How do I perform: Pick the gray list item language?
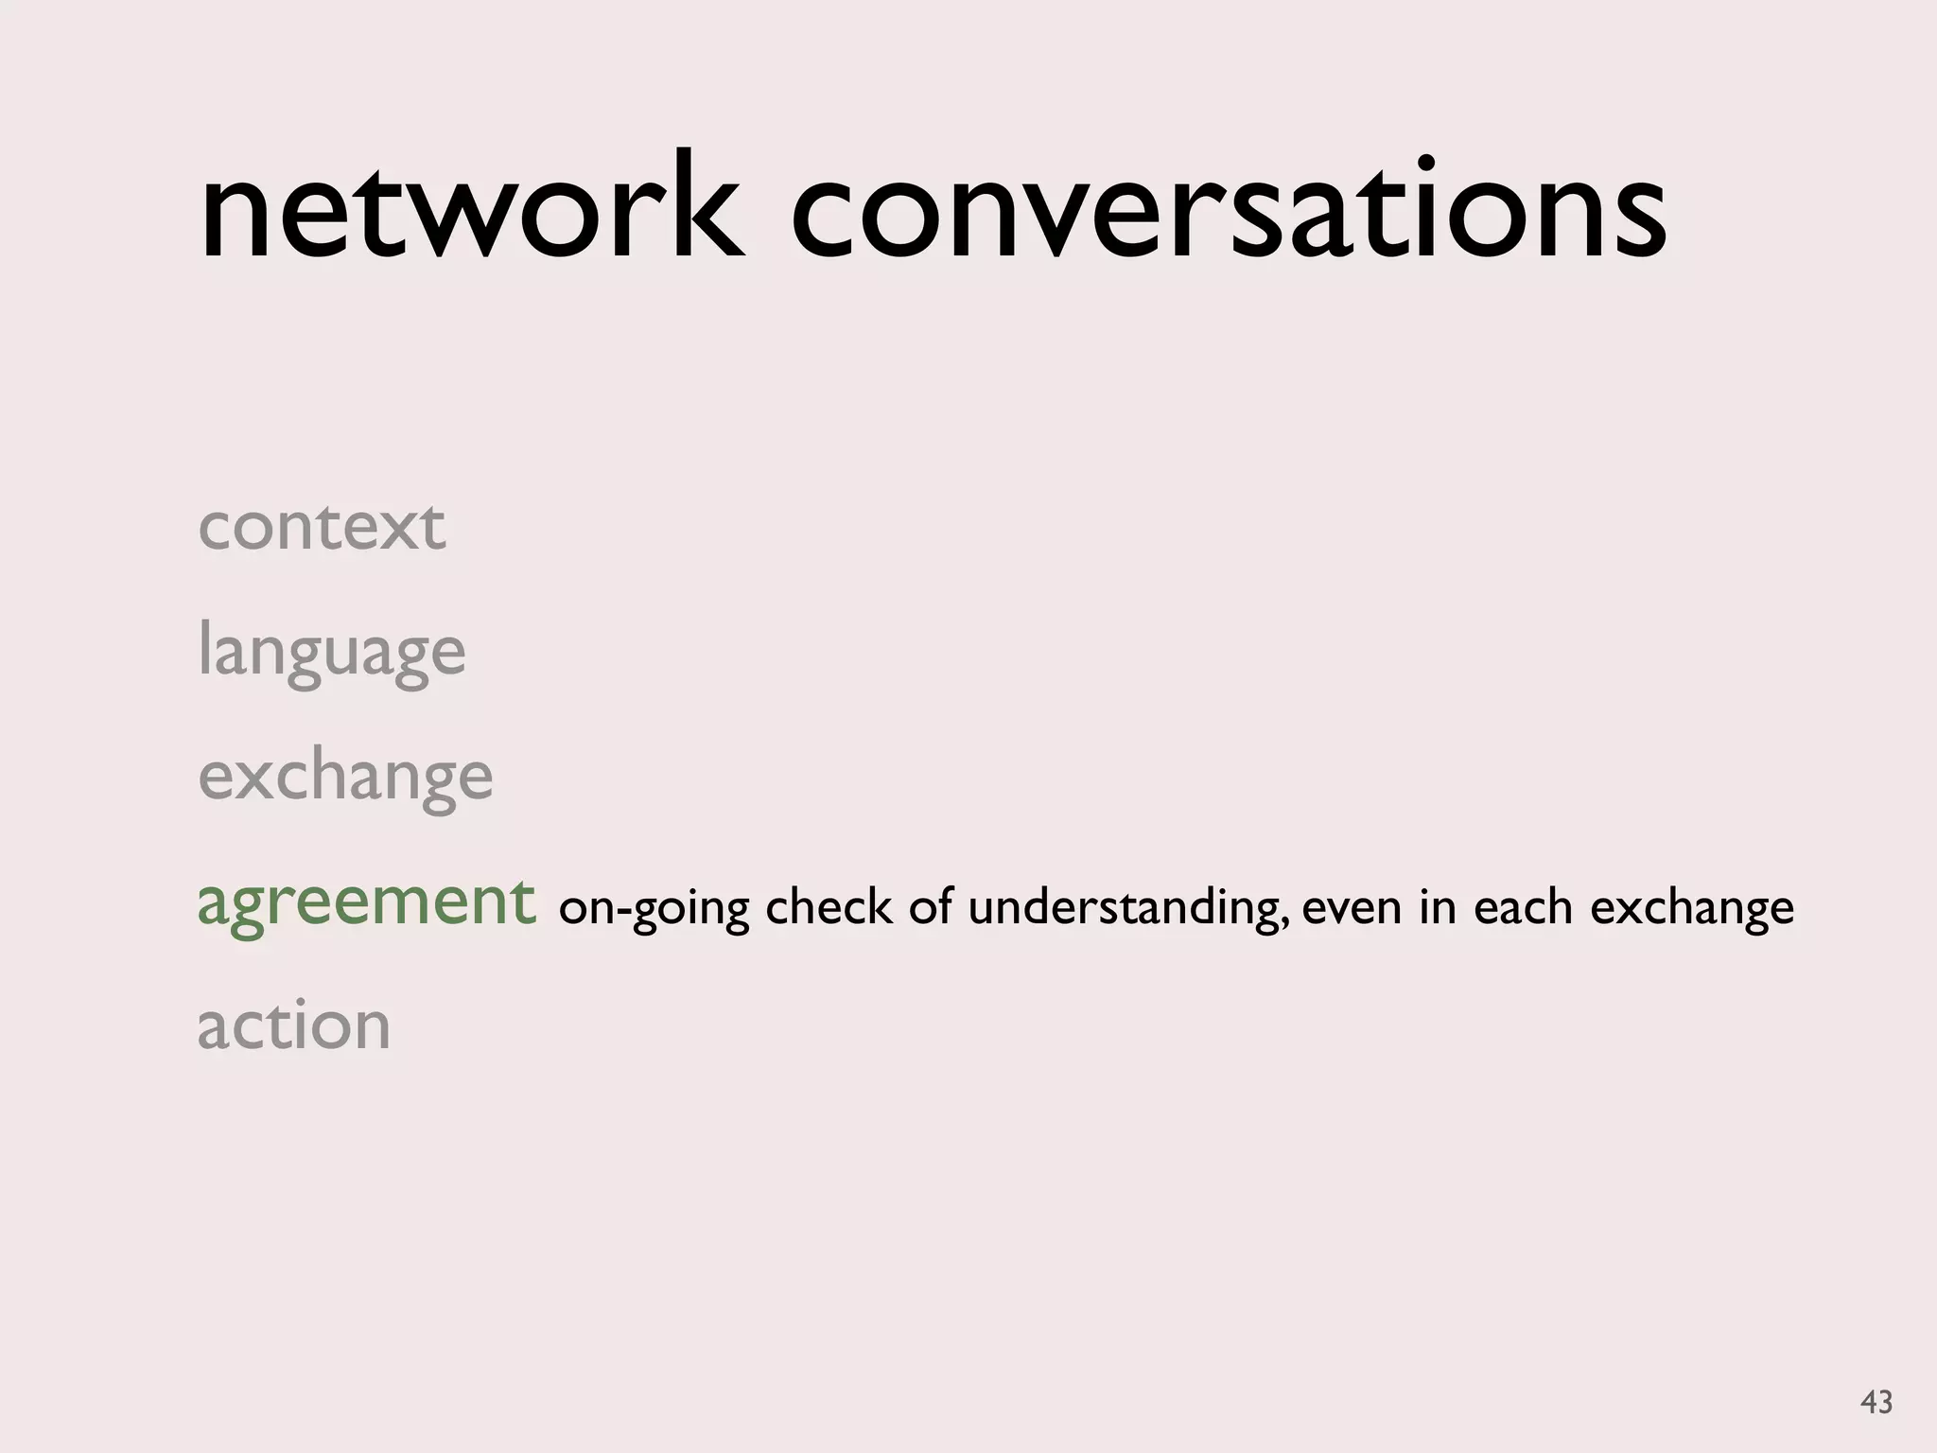[x=332, y=653]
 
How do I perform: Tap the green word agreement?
[x=366, y=903]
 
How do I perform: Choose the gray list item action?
[x=294, y=1026]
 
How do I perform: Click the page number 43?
[x=1876, y=1401]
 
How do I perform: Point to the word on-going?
[x=654, y=908]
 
